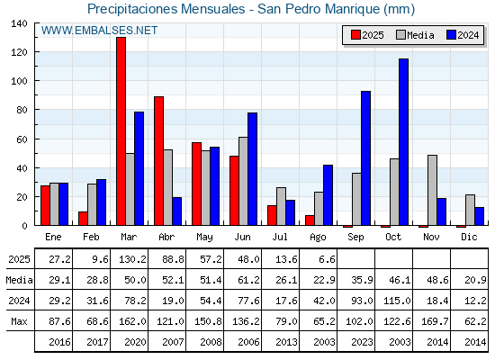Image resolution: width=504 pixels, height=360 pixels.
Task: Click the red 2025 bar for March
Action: [x=121, y=131]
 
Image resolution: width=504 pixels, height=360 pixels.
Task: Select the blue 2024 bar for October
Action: [x=404, y=142]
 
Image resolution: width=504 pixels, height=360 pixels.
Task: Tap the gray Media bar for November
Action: [x=432, y=190]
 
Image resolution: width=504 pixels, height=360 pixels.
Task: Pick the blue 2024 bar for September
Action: [x=365, y=158]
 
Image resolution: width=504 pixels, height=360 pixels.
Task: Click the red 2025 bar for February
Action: [x=83, y=219]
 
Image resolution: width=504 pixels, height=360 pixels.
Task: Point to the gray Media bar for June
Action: [x=243, y=181]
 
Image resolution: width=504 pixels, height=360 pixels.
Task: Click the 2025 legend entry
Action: [x=367, y=35]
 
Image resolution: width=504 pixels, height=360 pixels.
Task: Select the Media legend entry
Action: [x=415, y=35]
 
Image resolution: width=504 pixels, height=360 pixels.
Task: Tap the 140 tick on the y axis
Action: [x=19, y=23]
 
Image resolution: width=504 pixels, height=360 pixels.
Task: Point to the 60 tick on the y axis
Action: [x=22, y=139]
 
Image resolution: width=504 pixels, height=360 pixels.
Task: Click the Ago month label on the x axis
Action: [x=318, y=238]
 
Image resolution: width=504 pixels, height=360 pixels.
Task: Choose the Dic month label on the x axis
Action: [x=469, y=237]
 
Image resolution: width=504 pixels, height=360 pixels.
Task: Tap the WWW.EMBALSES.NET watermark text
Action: [x=99, y=31]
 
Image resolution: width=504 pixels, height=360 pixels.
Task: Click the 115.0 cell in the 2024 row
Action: [x=397, y=301]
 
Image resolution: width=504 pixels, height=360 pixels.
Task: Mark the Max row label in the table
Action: [x=19, y=321]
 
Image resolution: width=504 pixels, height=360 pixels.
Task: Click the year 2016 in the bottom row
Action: [x=59, y=342]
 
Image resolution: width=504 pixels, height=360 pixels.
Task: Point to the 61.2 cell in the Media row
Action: [x=248, y=280]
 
